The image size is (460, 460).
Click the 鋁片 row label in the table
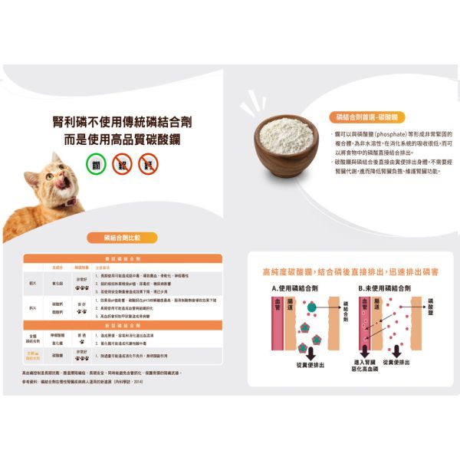click(x=32, y=282)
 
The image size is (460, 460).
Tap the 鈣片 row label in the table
click(x=32, y=308)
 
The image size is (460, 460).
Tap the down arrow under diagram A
click(x=310, y=351)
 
